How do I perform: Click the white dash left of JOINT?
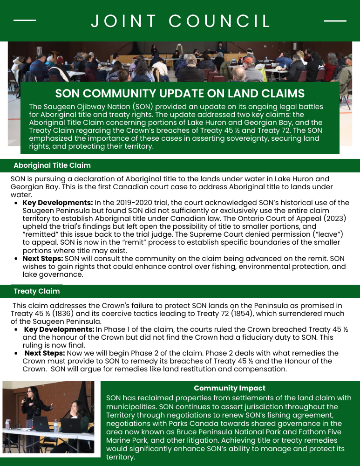coord(25,21)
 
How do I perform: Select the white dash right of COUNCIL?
coord(335,21)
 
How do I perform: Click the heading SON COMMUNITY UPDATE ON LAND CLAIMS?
coord(180,93)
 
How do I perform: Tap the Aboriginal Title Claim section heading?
coord(52,165)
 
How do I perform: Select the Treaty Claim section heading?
coord(37,291)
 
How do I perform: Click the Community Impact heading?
coord(230,388)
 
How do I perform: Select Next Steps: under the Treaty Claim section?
coord(45,353)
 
